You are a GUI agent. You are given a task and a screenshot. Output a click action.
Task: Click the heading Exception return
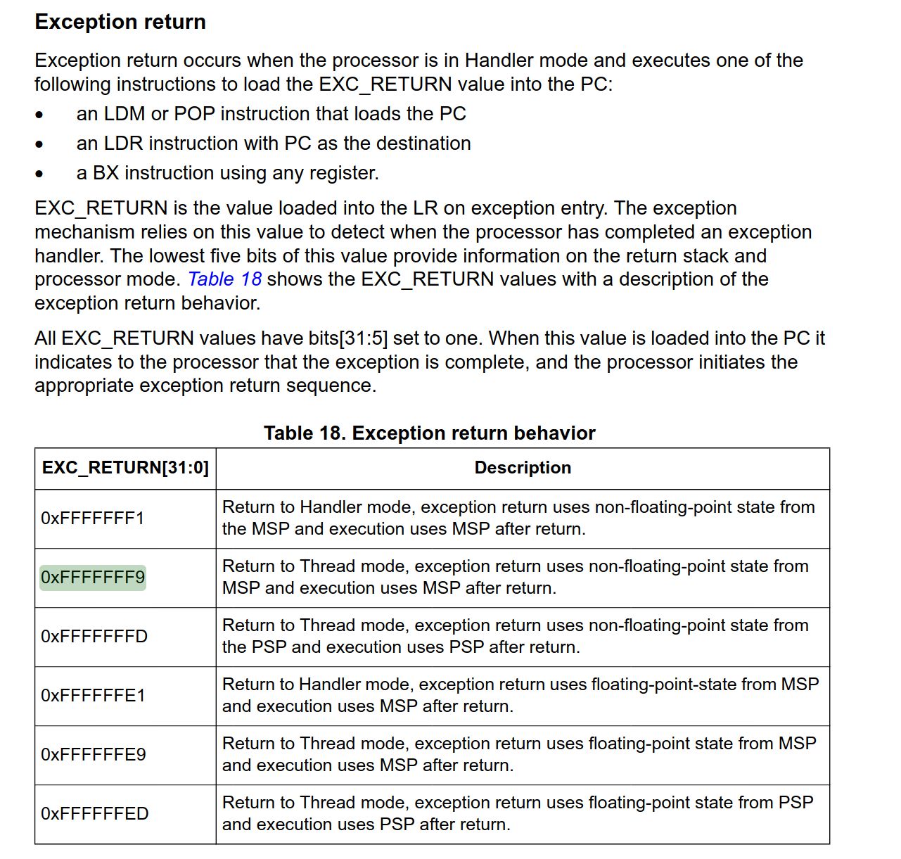coord(120,22)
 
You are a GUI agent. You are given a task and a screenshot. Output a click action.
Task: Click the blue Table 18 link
coord(224,279)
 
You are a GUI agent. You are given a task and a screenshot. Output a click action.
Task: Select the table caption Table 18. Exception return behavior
coord(429,433)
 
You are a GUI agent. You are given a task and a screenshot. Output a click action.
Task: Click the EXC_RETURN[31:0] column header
coord(125,468)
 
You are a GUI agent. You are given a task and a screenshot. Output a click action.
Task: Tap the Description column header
coord(523,468)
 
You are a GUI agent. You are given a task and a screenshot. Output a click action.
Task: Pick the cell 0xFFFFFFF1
coord(92,518)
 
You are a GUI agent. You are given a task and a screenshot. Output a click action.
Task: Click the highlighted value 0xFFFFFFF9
coord(93,578)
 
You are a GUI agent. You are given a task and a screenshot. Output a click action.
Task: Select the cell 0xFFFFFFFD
coord(94,637)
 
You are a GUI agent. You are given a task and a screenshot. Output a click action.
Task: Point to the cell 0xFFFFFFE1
coord(93,696)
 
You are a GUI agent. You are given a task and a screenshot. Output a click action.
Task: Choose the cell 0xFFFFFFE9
coord(94,755)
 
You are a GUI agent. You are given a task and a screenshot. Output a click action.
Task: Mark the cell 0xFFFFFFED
coord(95,814)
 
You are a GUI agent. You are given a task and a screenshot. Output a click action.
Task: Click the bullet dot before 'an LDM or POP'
coord(39,115)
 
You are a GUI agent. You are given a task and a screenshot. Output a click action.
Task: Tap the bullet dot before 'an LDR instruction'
coord(39,144)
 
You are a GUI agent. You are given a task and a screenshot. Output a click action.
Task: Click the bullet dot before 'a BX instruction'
coord(39,174)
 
